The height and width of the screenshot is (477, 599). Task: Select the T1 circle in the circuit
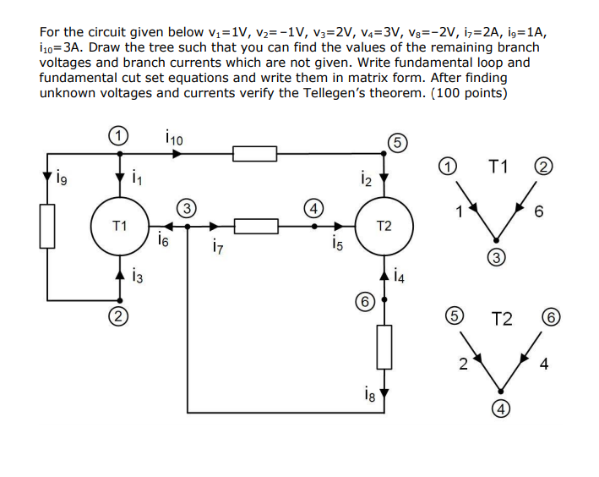[120, 227]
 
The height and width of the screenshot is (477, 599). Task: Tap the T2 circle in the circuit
[384, 227]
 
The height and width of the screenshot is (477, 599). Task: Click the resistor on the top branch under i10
[255, 154]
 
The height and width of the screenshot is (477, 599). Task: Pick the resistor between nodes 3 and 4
[255, 226]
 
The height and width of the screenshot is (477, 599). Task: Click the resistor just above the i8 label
[384, 347]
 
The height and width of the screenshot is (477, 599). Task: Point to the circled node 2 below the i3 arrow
[120, 316]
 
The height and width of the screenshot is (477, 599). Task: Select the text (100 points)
[469, 92]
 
